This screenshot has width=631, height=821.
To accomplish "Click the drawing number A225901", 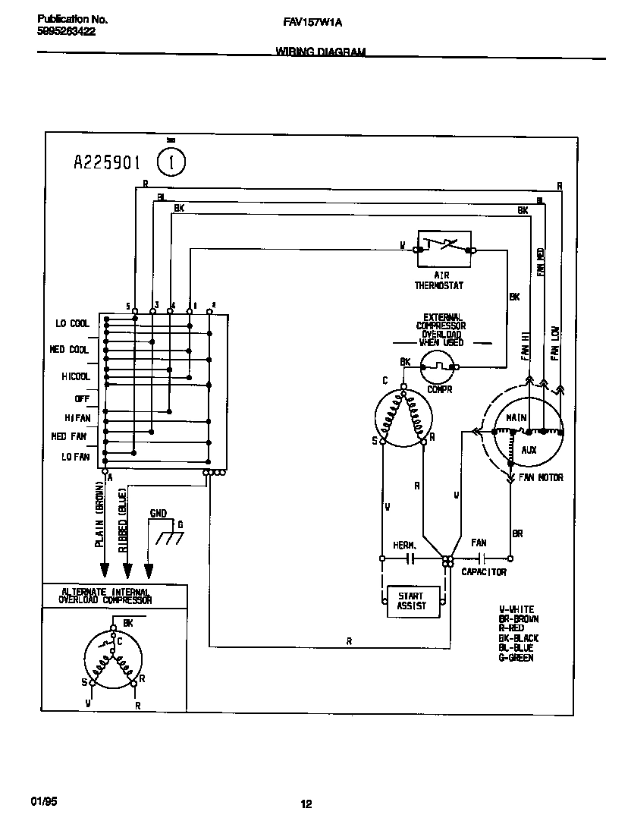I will coord(107,162).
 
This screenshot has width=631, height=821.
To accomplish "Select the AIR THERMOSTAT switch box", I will coord(444,248).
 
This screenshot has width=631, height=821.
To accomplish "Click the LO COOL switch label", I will coord(72,324).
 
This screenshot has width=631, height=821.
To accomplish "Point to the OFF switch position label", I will coord(81,398).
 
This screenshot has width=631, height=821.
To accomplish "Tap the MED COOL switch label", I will coord(69,350).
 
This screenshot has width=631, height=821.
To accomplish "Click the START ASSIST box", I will coord(411,601).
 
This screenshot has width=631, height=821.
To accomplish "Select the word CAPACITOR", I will coord(484,572).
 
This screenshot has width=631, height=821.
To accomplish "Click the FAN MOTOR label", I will coord(540,478).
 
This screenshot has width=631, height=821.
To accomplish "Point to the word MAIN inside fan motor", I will coord(517,418).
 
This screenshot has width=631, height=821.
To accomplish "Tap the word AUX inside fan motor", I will coord(529,450).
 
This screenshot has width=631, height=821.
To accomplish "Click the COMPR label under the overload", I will coord(439,389).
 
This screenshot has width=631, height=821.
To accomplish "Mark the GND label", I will coord(158,514).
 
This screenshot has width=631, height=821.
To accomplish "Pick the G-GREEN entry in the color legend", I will coord(516,658).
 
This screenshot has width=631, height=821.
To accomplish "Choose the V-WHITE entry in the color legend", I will coord(516,609).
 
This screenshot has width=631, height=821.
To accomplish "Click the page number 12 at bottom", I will coord(306,805).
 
